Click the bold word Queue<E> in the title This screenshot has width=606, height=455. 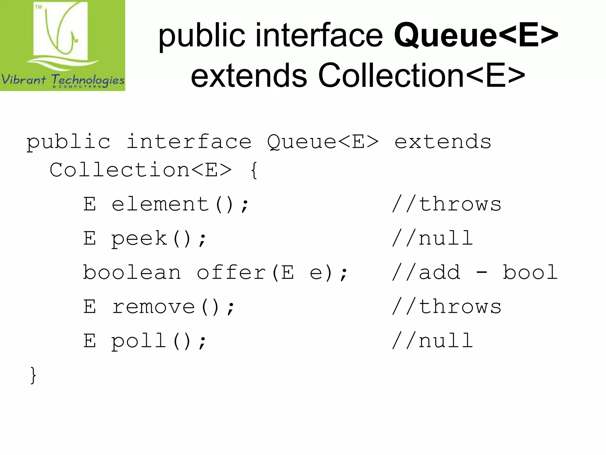click(476, 36)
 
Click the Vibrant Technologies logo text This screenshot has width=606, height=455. click(63, 80)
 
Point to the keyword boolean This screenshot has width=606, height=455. click(132, 273)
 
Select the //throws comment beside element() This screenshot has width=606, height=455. click(447, 204)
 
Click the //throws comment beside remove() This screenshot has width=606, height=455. click(447, 307)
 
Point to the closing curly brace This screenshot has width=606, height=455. click(33, 376)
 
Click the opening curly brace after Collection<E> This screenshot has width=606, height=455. click(254, 171)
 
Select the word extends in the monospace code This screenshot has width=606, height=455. click(443, 142)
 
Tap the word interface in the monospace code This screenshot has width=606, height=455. click(189, 142)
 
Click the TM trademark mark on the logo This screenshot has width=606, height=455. click(39, 7)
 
